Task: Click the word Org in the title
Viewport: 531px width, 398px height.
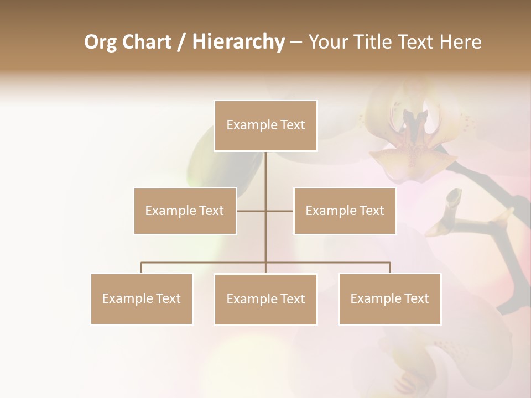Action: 100,42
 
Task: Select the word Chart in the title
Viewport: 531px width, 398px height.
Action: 146,42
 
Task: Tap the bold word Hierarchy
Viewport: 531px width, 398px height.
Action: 238,42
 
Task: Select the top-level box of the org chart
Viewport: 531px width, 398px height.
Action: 265,125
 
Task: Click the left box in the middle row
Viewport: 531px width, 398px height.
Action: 185,211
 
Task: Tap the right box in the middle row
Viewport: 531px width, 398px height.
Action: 345,211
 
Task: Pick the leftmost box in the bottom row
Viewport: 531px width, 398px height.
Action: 141,298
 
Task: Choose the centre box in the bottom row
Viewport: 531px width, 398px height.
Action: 265,299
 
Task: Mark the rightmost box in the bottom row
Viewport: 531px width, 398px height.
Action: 389,298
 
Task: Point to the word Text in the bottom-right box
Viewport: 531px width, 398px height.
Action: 416,298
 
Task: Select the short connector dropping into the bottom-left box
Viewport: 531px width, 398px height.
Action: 142,268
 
